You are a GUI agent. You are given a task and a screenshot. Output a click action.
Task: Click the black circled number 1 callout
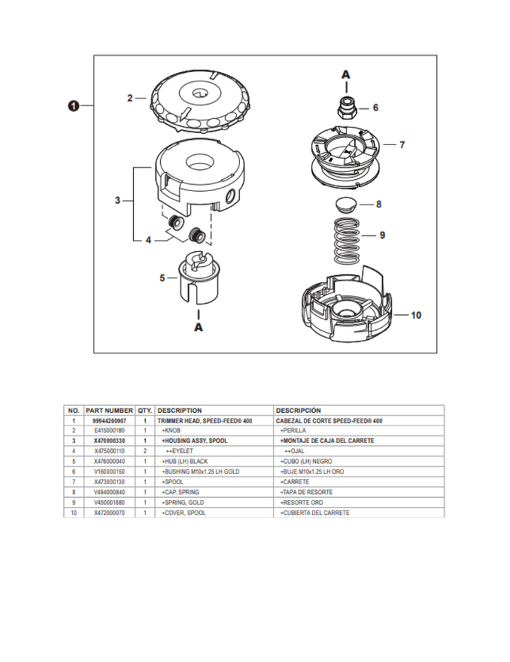(x=72, y=106)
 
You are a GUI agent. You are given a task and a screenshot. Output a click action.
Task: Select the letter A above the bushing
(x=346, y=74)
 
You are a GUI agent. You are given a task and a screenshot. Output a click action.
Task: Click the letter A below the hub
(x=198, y=327)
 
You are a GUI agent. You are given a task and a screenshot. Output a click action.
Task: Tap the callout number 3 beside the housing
(x=118, y=201)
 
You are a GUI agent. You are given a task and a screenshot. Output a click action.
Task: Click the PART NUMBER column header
(x=109, y=410)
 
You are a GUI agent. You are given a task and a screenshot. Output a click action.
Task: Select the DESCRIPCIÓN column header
(x=297, y=410)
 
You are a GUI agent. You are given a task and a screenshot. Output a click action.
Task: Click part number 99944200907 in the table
(x=109, y=420)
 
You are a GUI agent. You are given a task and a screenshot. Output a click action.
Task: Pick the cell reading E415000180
(x=109, y=430)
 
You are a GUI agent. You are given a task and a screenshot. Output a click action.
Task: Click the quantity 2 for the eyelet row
(x=144, y=450)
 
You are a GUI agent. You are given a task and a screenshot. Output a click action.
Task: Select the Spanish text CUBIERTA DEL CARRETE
(x=315, y=512)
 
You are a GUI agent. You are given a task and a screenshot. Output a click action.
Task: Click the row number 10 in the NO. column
(x=74, y=512)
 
